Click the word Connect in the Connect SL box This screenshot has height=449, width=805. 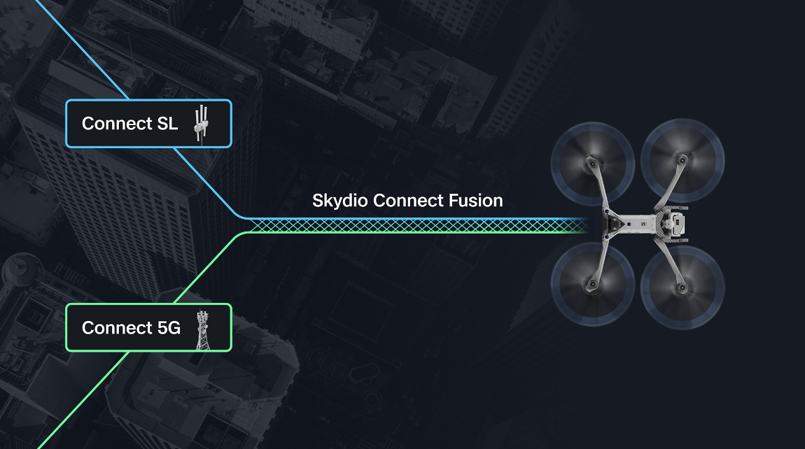coord(117,124)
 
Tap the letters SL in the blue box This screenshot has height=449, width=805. coord(167,124)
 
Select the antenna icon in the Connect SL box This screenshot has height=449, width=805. coord(202,124)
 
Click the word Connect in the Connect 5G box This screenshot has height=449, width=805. coord(117,328)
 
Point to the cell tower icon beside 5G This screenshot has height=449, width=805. coord(203,329)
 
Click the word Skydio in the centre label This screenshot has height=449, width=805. coord(340,201)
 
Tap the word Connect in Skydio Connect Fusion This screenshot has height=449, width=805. coord(408,201)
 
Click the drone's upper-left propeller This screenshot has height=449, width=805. coord(592,164)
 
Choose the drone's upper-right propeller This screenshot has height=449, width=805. coord(682,160)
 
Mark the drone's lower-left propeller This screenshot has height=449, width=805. coord(592,284)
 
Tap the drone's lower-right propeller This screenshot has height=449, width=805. coord(682,287)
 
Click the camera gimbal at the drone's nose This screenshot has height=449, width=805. coord(613,224)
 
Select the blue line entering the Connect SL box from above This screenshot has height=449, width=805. coord(82,50)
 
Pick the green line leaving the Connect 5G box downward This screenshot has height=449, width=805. coord(84,400)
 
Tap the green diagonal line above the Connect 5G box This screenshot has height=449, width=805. coord(207,269)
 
